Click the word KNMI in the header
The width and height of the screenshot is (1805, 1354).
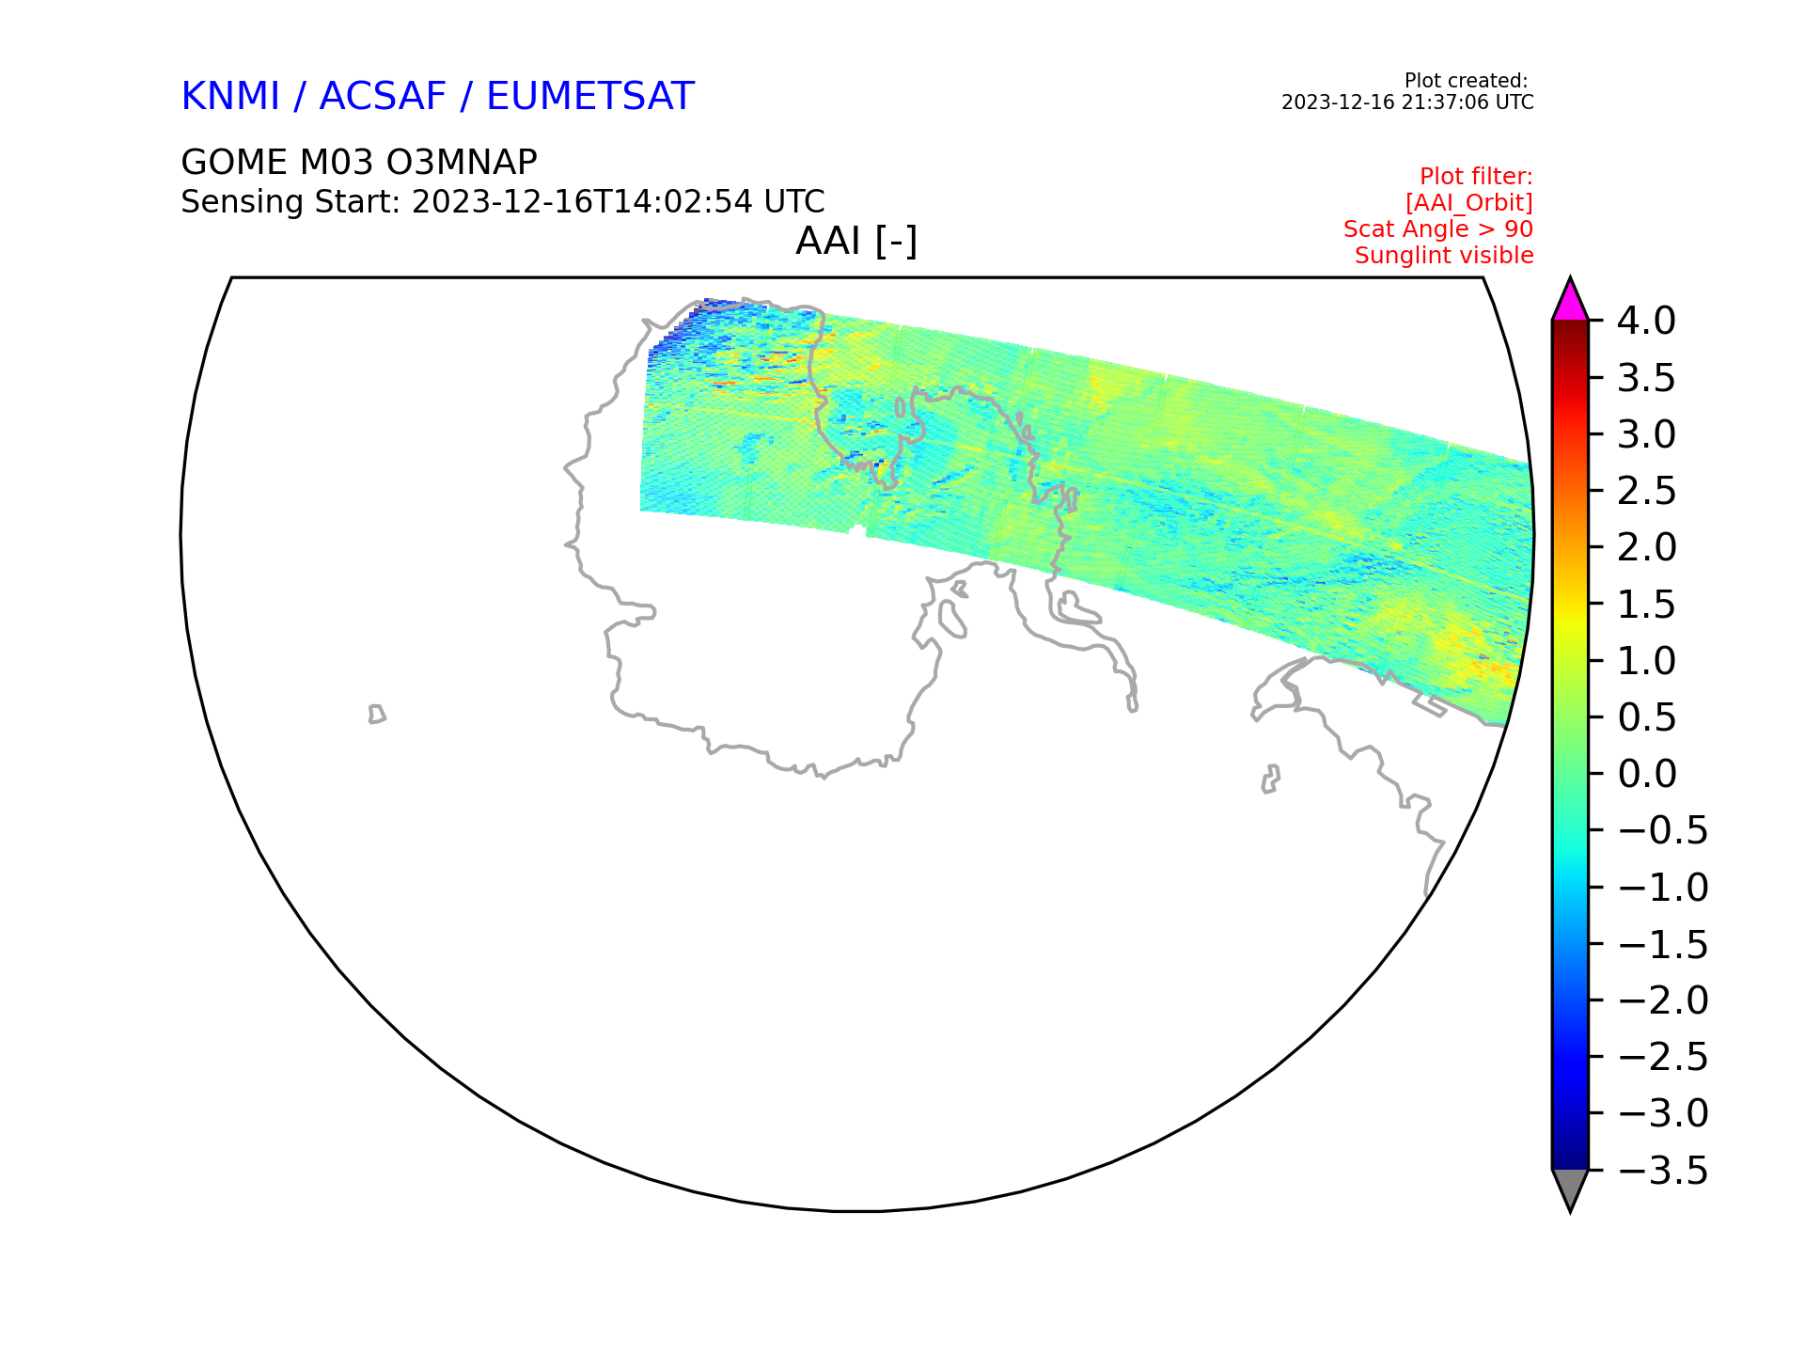click(230, 97)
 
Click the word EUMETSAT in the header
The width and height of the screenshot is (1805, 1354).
click(590, 97)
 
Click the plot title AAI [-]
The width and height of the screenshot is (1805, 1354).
click(856, 242)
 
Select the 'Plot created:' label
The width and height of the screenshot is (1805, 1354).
click(1466, 81)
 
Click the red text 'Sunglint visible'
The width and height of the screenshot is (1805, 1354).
click(1444, 255)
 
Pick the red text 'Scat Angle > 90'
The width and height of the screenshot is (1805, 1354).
click(1438, 228)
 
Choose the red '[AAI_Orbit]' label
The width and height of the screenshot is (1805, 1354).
click(1469, 203)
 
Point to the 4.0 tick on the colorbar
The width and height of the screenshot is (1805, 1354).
click(1646, 321)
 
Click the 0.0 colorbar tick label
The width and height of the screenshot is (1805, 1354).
click(1646, 774)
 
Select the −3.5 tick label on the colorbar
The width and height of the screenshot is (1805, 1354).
click(1662, 1171)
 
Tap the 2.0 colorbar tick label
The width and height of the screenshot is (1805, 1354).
click(1646, 547)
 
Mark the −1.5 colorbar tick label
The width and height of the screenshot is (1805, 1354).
click(1662, 944)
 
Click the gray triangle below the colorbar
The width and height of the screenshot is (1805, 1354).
click(1570, 1188)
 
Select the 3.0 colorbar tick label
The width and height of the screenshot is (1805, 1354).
click(1646, 434)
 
